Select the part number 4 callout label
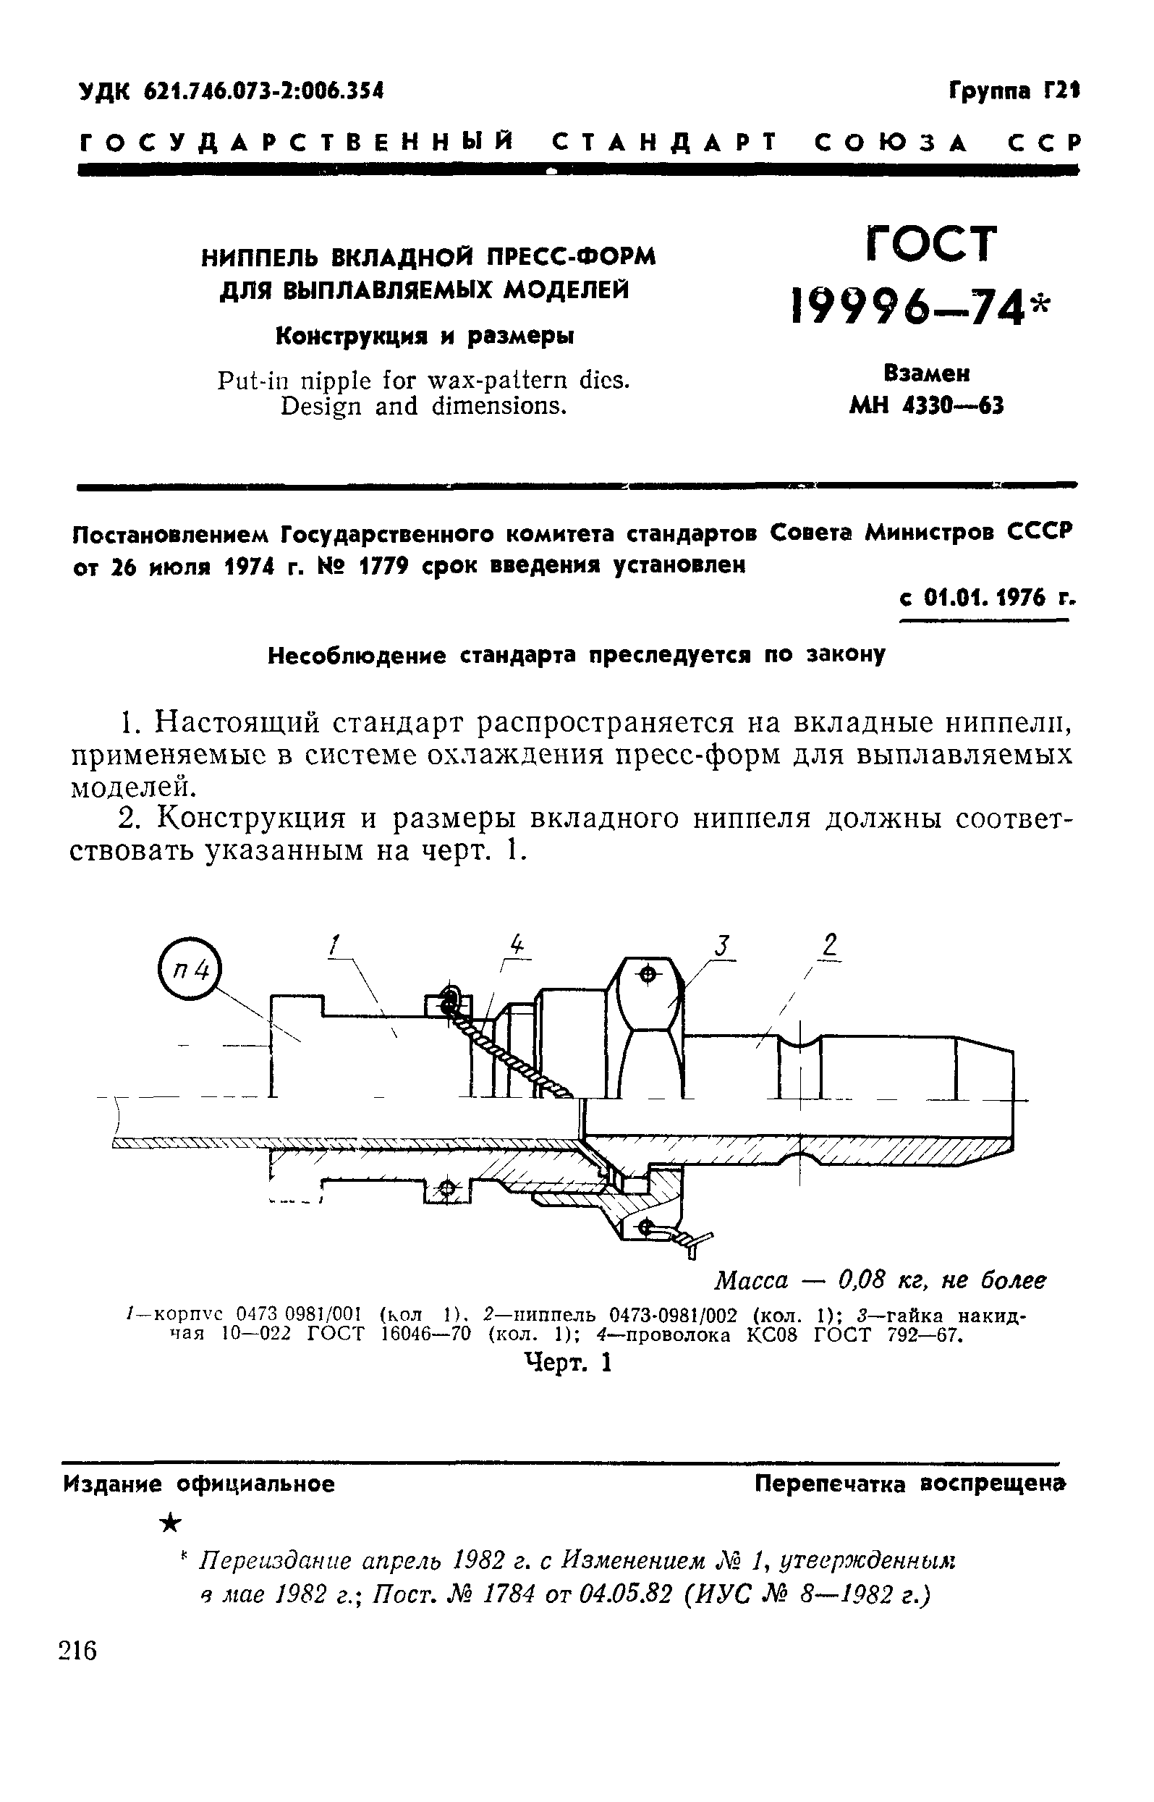coord(517,944)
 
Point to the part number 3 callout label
coord(721,945)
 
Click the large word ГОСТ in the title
coord(931,244)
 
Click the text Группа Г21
coord(1014,91)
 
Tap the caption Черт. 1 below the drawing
coord(568,1362)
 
